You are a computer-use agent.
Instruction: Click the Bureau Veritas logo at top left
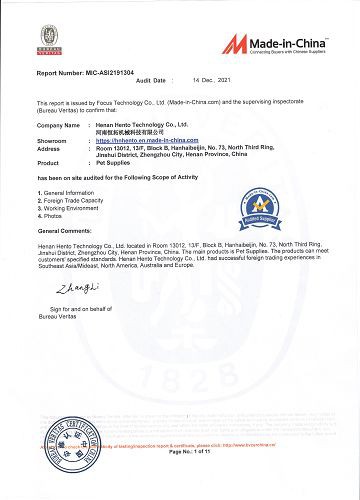coord(47,36)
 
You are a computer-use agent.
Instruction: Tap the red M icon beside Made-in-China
coord(235,42)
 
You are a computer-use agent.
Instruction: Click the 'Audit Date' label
coord(150,80)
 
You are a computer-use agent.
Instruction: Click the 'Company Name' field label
coord(58,125)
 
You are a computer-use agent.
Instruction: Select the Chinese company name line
coord(140,133)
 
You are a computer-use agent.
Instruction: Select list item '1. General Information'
coord(68,191)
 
